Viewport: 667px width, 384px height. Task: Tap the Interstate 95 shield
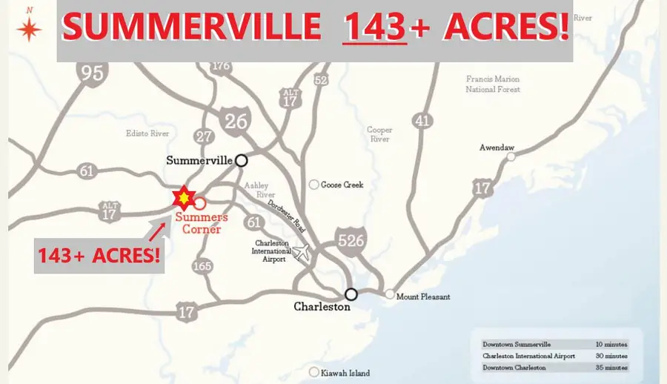[93, 71]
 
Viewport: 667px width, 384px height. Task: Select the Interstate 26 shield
[235, 119]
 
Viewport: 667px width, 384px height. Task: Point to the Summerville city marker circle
[241, 159]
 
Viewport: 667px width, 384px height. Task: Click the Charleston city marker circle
[351, 294]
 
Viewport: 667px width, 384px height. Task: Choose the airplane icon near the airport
[302, 252]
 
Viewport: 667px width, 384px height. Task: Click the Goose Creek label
[342, 185]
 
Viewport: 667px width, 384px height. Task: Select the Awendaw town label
[497, 148]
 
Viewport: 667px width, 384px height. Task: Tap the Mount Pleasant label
[422, 297]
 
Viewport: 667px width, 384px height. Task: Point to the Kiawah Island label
[345, 373]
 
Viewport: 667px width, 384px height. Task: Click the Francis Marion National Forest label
[493, 84]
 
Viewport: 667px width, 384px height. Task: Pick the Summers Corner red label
[202, 223]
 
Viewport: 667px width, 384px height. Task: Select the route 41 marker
[422, 120]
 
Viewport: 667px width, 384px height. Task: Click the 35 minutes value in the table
[614, 367]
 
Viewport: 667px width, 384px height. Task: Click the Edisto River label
[148, 133]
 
